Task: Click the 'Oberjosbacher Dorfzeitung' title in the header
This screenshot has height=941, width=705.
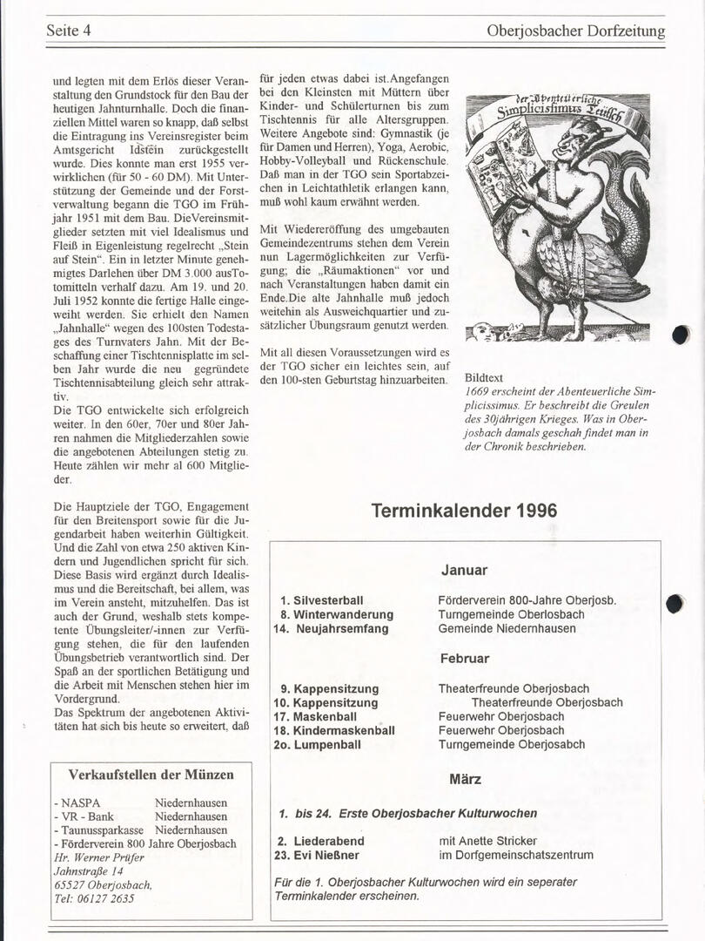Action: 576,31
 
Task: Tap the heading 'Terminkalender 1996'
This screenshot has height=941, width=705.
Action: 464,511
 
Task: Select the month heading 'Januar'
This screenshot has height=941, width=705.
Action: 464,571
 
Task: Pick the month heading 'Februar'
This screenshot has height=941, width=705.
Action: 464,659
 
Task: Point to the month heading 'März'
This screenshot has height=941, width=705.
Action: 465,780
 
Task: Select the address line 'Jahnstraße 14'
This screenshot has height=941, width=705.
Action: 89,870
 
